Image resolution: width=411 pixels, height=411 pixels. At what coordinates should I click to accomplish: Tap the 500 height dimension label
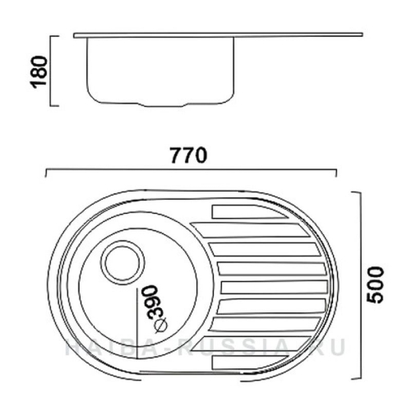point(375,284)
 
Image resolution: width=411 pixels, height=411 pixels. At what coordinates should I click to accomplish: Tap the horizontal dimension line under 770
point(190,171)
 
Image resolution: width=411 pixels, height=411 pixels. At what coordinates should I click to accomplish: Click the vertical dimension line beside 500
point(360,284)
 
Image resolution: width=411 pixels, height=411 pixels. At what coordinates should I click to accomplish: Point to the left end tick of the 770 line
point(45,173)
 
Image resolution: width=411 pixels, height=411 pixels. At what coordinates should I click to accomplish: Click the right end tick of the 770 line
point(336,173)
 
